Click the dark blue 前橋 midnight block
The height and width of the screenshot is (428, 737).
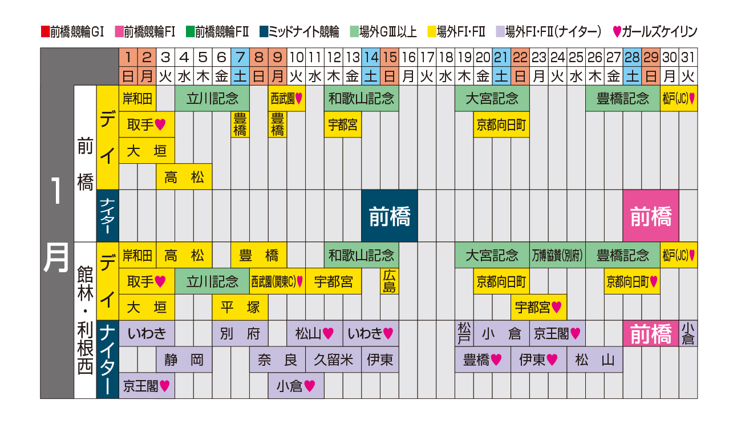click(390, 216)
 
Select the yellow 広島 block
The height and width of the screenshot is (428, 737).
click(390, 281)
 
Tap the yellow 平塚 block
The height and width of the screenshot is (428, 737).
click(240, 307)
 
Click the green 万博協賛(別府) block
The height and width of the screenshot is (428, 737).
click(557, 255)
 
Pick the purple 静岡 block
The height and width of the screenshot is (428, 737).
click(184, 360)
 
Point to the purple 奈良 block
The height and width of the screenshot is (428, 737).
click(277, 360)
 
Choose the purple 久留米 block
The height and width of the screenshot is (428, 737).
click(334, 360)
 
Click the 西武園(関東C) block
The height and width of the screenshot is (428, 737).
click(277, 281)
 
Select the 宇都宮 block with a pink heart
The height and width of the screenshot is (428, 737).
click(538, 307)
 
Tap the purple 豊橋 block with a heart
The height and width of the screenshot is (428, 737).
click(483, 360)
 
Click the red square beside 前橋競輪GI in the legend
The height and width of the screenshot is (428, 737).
click(45, 31)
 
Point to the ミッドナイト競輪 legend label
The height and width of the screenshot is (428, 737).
click(303, 31)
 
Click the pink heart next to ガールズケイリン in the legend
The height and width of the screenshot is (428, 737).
click(617, 31)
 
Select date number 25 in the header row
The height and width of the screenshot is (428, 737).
click(576, 57)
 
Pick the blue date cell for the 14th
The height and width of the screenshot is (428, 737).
click(371, 57)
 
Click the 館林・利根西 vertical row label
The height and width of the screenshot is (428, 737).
click(85, 320)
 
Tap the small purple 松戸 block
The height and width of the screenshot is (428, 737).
click(464, 333)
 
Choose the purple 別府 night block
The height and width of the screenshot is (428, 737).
click(240, 333)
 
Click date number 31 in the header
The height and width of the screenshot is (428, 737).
click(687, 57)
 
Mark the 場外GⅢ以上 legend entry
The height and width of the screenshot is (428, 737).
click(383, 31)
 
